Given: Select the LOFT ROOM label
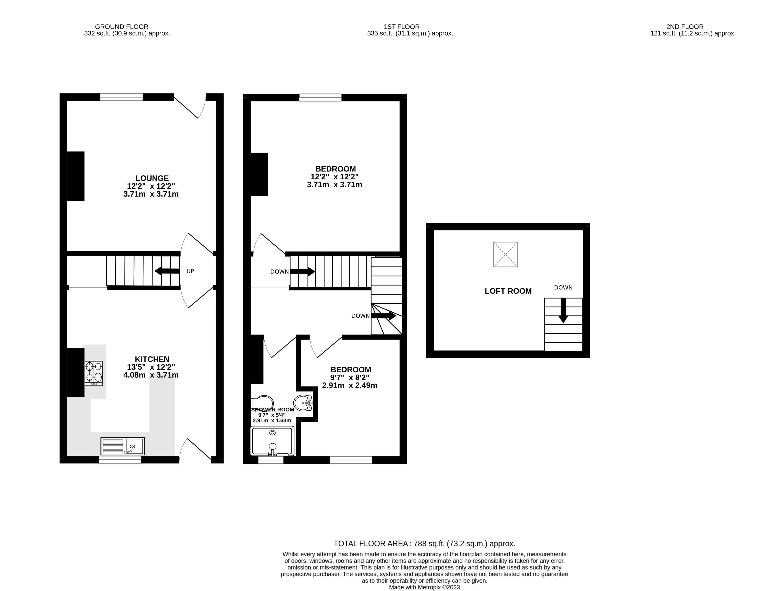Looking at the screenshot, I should tap(508, 291).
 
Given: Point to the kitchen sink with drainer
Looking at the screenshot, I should tap(122, 446).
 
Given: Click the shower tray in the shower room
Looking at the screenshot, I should tap(272, 441).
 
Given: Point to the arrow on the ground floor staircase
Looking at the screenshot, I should tap(167, 271).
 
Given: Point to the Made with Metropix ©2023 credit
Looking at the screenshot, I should tap(424, 587).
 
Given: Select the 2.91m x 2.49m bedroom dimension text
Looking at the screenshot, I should tap(350, 386).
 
